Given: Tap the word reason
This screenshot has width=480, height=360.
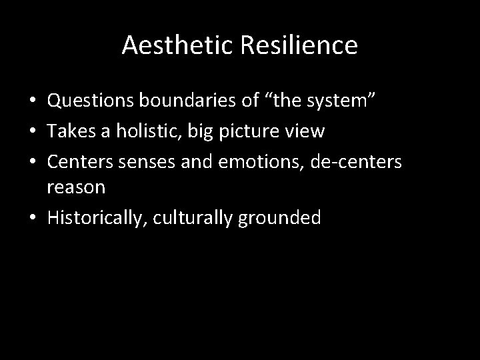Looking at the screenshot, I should tap(76, 187).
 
